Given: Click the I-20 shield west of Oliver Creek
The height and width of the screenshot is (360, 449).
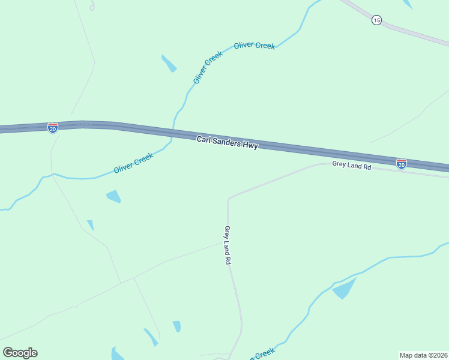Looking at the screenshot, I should click(53, 127).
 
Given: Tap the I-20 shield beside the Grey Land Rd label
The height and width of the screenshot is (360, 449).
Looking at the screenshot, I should click(401, 163).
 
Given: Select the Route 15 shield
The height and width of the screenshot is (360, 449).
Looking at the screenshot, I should click(376, 20).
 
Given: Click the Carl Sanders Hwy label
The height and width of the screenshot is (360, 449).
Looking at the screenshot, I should click(228, 142).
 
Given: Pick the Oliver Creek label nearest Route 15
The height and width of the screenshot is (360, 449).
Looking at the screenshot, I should click(255, 46).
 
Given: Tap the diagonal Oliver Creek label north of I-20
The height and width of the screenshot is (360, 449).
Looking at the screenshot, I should click(208, 67).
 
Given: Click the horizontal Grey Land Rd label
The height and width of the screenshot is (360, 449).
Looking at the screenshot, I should click(352, 165).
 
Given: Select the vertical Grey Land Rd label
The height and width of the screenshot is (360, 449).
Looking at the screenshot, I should click(228, 245).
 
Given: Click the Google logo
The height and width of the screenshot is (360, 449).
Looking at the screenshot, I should click(20, 353).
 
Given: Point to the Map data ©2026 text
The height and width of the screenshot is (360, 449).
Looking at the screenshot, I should click(423, 355).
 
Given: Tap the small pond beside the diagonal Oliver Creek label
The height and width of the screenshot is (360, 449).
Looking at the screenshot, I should click(169, 63).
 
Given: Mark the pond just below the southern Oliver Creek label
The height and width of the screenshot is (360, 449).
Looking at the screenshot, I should click(113, 196).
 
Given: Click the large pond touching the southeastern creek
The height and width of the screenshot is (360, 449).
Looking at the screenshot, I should click(344, 289).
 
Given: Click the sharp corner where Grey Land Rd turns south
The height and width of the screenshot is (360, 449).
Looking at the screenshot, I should click(228, 199).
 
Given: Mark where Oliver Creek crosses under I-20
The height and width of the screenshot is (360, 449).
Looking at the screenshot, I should click(173, 131).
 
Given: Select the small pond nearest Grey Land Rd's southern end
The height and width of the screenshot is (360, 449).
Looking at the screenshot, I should click(176, 326).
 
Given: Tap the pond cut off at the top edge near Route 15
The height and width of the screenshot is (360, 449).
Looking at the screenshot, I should click(408, 4).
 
